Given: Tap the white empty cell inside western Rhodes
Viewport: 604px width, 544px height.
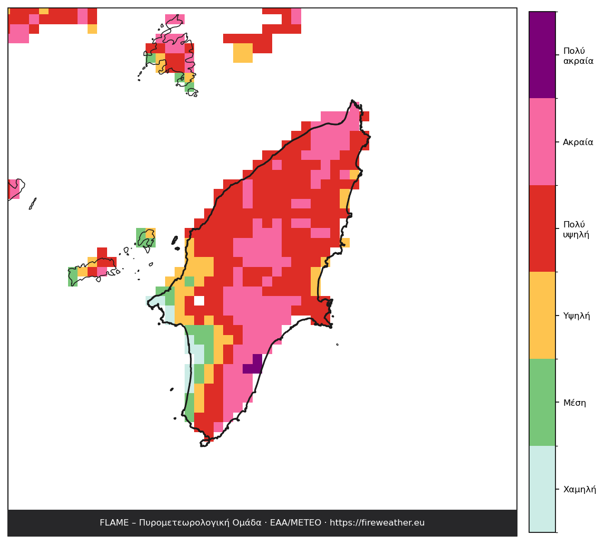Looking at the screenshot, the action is point(199,301).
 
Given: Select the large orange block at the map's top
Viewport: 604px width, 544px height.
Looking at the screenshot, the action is point(243,53).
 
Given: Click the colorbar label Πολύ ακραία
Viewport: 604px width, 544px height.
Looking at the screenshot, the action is point(578,56).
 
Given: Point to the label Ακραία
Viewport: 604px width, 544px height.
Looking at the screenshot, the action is point(578,142).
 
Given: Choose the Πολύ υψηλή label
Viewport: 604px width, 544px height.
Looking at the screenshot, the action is point(576,230).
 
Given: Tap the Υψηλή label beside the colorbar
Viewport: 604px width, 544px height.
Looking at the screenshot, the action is point(576,316).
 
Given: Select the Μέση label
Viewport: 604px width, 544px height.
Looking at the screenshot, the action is point(574,403).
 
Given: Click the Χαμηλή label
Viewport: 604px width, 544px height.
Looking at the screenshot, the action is point(579,490).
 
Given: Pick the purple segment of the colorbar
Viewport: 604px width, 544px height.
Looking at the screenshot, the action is point(542,55).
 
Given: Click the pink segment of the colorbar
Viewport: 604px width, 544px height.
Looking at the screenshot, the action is point(542,142).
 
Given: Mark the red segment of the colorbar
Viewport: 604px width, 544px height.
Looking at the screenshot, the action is point(542,228).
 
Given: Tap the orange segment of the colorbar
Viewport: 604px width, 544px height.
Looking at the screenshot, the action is point(542,316).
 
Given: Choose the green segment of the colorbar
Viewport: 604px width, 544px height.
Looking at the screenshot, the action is point(542,402).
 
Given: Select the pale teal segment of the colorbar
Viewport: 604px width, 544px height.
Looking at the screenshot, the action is point(542,489).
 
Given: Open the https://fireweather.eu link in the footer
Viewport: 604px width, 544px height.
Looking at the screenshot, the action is point(377,523).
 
